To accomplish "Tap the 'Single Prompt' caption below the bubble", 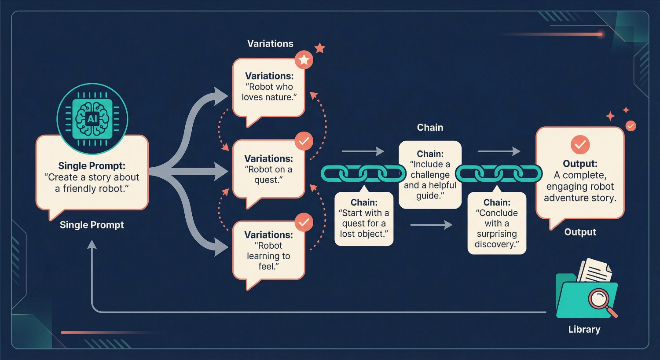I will (x=92, y=225).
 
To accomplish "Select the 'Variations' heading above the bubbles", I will (x=270, y=44).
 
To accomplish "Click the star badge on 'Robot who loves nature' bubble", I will (x=304, y=60).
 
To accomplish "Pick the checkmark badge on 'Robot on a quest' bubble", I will (x=304, y=141).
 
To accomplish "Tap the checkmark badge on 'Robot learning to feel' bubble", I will (x=304, y=222).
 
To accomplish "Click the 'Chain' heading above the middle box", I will (x=430, y=128).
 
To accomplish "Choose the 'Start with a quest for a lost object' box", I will (x=364, y=219).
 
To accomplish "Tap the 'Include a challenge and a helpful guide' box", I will (x=430, y=175).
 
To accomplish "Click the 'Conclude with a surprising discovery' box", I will (x=497, y=223).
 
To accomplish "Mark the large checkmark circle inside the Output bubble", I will (x=580, y=144).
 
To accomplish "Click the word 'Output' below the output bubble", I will (x=580, y=232).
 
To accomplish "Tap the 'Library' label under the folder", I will (x=584, y=329).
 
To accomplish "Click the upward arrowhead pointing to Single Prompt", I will (x=92, y=245).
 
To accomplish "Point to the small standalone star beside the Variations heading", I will (x=320, y=48).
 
